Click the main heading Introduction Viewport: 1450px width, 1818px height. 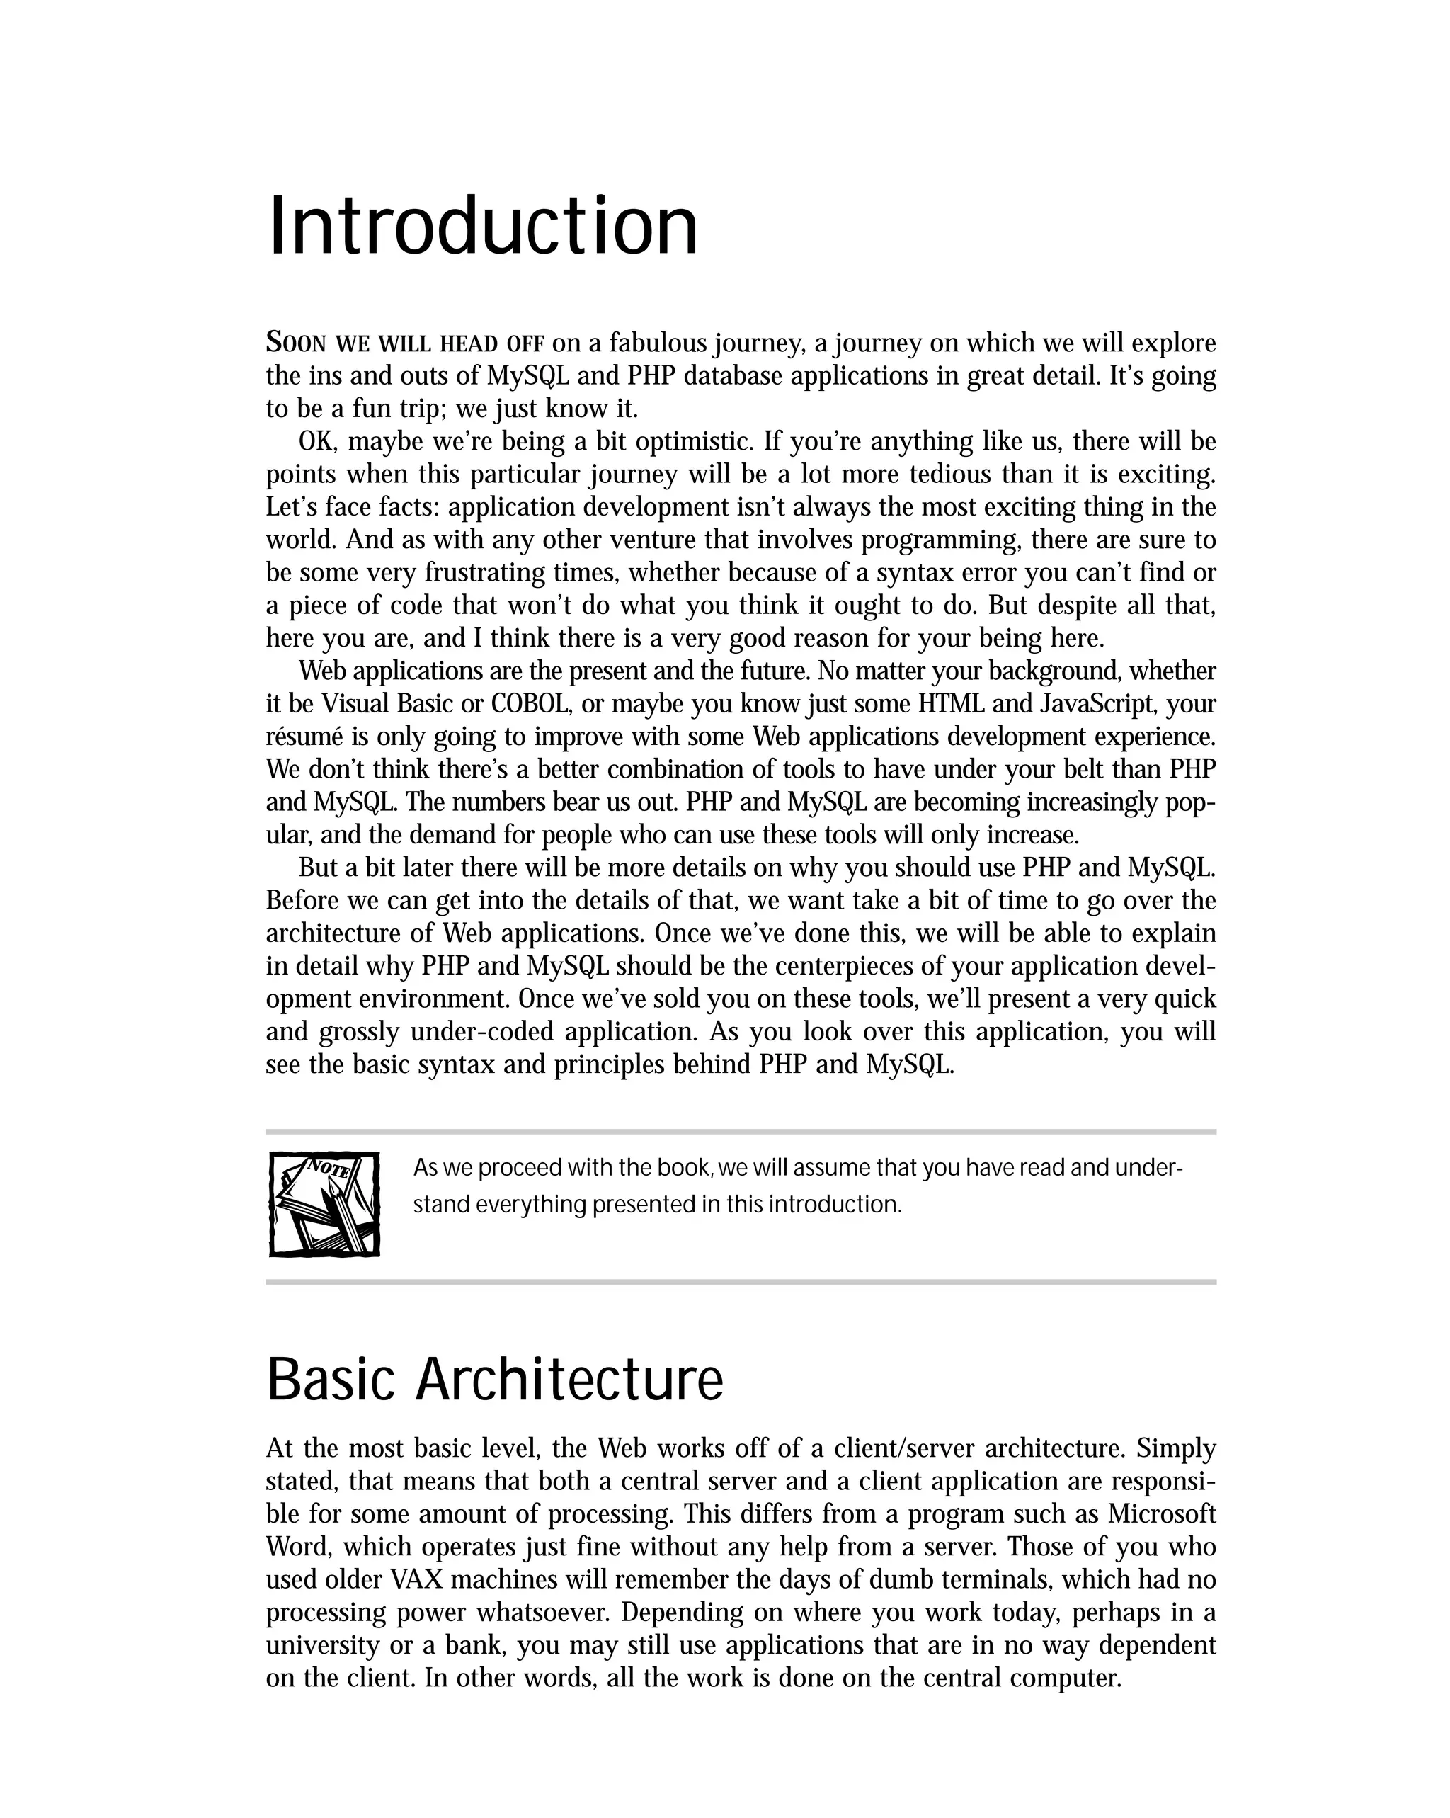(482, 227)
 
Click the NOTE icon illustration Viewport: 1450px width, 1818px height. (324, 1204)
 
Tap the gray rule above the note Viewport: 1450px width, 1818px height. (740, 1132)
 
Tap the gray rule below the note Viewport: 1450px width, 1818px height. (740, 1282)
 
